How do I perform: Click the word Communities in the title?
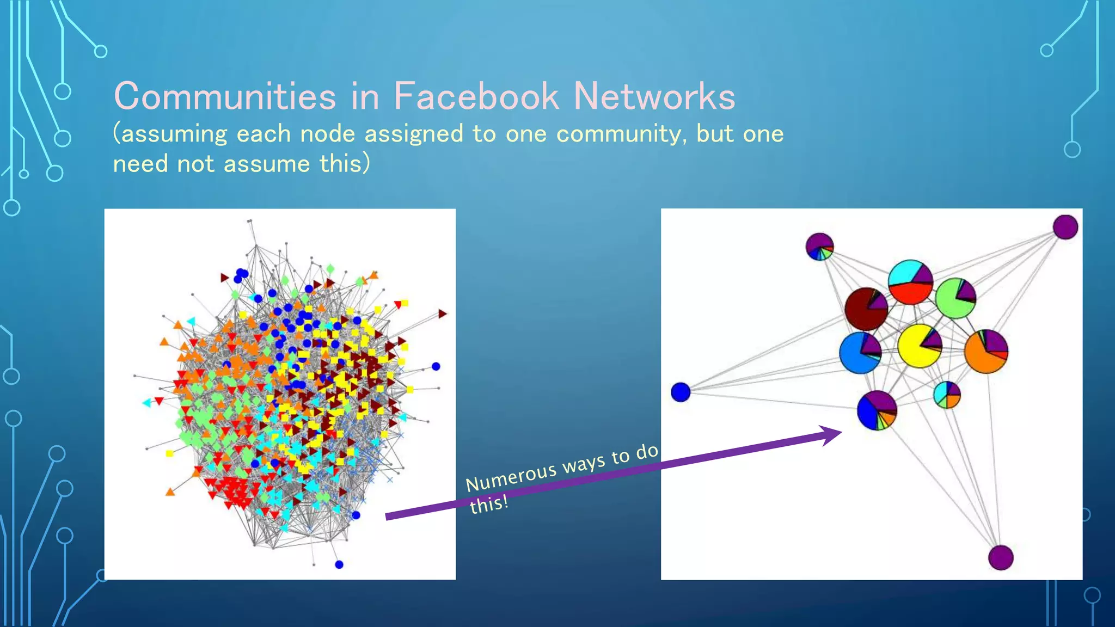(225, 96)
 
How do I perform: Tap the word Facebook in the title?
(476, 96)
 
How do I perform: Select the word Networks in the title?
(654, 96)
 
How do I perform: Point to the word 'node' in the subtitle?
(327, 134)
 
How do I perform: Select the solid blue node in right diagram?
(681, 392)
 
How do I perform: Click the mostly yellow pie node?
(920, 346)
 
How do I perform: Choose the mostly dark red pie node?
(866, 309)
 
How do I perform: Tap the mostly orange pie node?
(986, 351)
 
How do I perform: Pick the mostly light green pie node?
(955, 298)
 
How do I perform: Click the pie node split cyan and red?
(910, 282)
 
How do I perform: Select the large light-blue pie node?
(860, 353)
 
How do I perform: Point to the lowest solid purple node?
(1001, 557)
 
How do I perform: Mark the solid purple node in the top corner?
(1065, 227)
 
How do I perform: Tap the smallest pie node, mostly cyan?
(947, 395)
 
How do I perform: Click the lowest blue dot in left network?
(339, 564)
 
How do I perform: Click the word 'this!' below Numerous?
(488, 505)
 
